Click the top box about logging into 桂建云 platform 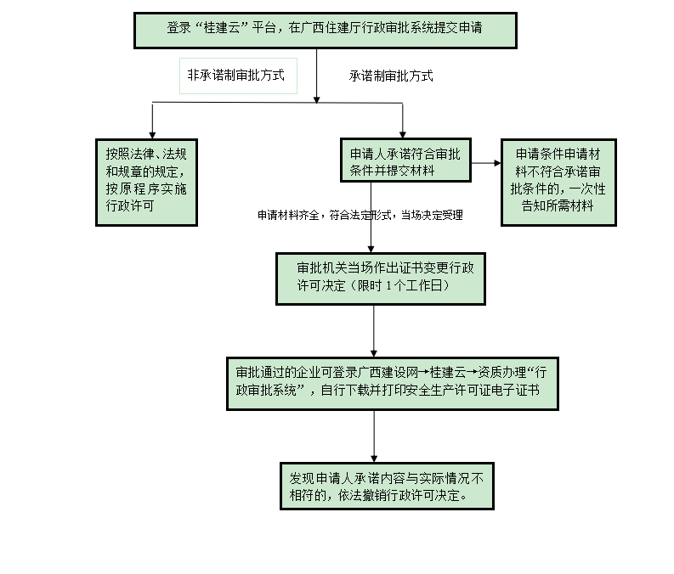tap(325, 30)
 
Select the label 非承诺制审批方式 tap(242, 76)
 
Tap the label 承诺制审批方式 tap(391, 76)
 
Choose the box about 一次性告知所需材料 tap(558, 181)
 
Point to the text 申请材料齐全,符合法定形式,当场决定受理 tap(360, 216)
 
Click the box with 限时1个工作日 tap(380, 278)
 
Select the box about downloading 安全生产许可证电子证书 tap(392, 382)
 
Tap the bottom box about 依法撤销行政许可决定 tap(387, 486)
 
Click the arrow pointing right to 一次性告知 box tap(495, 161)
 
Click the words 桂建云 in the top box tap(219, 28)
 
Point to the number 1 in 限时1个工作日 tap(388, 286)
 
